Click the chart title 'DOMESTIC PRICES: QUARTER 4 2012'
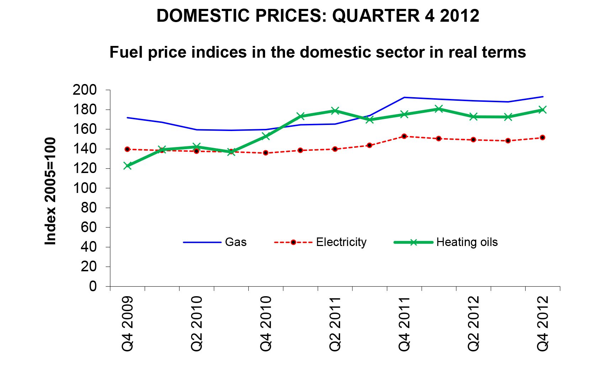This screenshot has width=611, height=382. (318, 16)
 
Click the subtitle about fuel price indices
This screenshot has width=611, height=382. (317, 52)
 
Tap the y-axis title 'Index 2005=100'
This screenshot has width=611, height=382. (51, 191)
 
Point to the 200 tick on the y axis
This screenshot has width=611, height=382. (85, 90)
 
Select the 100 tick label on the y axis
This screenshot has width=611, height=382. (85, 188)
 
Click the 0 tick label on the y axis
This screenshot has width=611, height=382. (93, 286)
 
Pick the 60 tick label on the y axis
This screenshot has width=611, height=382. (89, 227)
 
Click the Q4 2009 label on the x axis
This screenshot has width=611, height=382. (127, 324)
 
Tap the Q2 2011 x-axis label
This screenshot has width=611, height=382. (335, 324)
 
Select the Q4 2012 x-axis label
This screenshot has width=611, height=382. (543, 324)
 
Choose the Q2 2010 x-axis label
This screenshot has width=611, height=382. (196, 324)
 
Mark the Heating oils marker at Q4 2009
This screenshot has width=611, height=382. (127, 166)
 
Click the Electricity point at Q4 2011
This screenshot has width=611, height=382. (404, 136)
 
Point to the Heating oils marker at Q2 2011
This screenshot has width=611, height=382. (335, 111)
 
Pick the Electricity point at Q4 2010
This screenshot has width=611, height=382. (265, 153)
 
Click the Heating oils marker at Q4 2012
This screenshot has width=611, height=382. (542, 110)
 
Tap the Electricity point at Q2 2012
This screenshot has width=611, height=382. (473, 140)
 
